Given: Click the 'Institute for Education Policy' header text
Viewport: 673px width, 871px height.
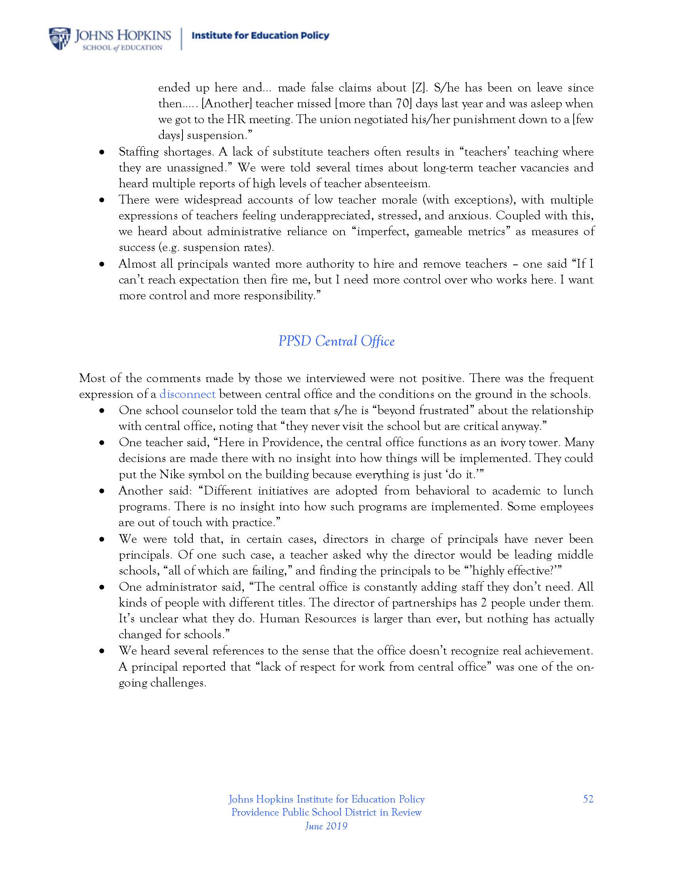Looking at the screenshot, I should point(260,36).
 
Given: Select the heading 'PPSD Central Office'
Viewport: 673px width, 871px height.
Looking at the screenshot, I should point(336,341).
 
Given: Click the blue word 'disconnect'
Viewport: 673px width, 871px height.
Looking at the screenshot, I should point(187,394).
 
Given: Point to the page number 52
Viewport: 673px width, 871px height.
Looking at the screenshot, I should point(588,799).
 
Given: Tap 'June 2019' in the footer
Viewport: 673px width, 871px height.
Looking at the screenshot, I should point(326,826).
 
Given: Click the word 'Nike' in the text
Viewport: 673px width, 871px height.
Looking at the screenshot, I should point(171,475).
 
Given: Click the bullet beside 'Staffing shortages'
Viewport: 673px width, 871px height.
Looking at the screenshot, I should point(103,153).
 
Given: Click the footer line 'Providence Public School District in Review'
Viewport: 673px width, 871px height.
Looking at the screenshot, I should point(326,812).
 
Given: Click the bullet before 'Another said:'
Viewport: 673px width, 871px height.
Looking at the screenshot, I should point(103,492).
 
